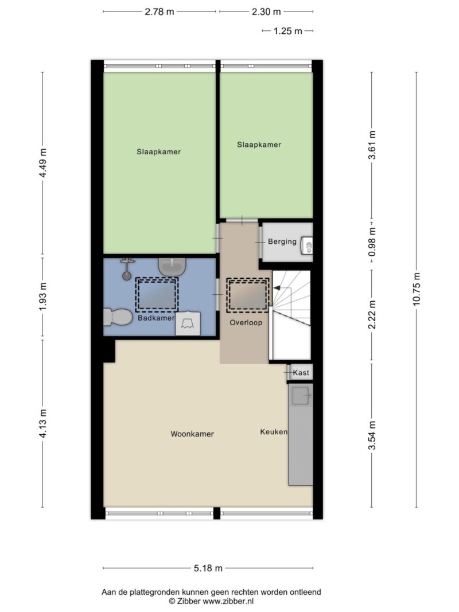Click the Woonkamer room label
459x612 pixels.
click(x=192, y=434)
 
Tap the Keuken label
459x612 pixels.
click(x=274, y=432)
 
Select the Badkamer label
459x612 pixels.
click(x=155, y=318)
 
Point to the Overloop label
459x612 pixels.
click(x=246, y=322)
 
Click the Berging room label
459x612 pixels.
click(x=282, y=241)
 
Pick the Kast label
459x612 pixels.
click(x=301, y=373)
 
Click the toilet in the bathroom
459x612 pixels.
click(x=118, y=317)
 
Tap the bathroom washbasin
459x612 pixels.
click(x=172, y=267)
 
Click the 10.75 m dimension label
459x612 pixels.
click(x=417, y=289)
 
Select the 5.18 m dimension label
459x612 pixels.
click(x=208, y=568)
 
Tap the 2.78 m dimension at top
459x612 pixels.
click(x=160, y=11)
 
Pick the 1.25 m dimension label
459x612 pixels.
click(x=287, y=31)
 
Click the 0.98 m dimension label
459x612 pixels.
click(x=372, y=242)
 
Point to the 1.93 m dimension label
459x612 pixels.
click(x=43, y=297)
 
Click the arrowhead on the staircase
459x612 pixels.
click(x=277, y=288)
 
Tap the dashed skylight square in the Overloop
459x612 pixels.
click(x=248, y=295)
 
